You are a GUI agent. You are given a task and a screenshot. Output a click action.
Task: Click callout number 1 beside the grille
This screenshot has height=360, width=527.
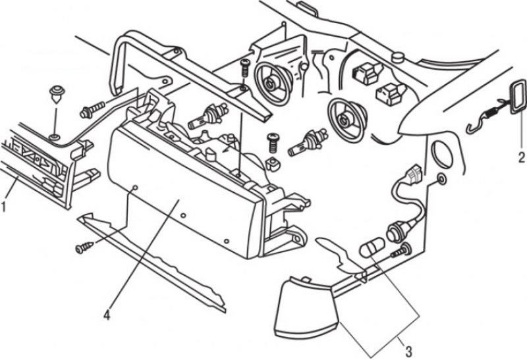click(x=4, y=206)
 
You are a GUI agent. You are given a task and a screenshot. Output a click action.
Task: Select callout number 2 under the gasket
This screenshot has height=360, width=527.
click(x=521, y=157)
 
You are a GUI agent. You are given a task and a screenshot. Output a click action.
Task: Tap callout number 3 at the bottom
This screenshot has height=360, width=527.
click(x=408, y=351)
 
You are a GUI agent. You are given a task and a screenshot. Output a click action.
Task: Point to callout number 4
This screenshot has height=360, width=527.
click(x=107, y=315)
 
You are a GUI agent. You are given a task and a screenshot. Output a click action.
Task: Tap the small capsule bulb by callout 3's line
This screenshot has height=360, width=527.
click(x=372, y=247)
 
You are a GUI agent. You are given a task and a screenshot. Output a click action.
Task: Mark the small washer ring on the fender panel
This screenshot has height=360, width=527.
click(x=441, y=179)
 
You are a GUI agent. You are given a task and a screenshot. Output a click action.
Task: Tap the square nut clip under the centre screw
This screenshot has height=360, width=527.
click(x=273, y=164)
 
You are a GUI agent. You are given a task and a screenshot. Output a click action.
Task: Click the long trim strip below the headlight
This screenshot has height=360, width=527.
click(x=151, y=263)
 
